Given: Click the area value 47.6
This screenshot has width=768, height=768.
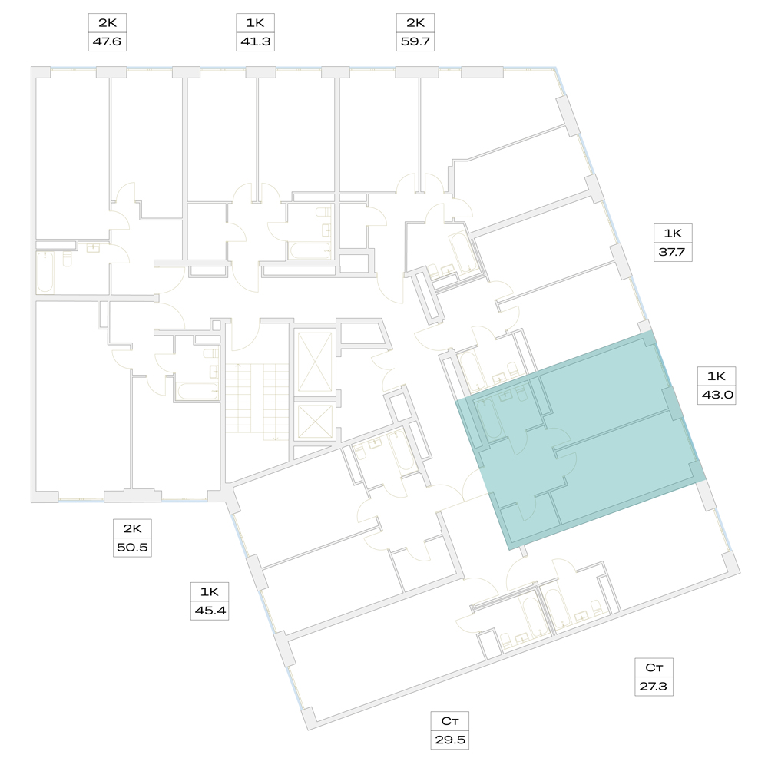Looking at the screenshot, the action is pyautogui.click(x=107, y=41).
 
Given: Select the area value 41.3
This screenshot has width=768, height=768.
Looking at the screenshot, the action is pyautogui.click(x=255, y=41).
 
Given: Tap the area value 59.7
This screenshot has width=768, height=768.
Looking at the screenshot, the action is pyautogui.click(x=415, y=41).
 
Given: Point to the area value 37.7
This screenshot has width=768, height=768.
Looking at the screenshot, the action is pyautogui.click(x=673, y=252).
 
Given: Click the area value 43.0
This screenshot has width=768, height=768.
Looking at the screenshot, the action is pyautogui.click(x=717, y=395).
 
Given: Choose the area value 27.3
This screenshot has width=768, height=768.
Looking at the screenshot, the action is pyautogui.click(x=654, y=686).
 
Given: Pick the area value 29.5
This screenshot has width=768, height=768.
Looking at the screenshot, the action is pyautogui.click(x=449, y=740).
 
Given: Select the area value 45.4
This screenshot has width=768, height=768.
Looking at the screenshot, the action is pyautogui.click(x=210, y=611).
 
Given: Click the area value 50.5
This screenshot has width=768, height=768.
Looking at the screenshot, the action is pyautogui.click(x=132, y=547).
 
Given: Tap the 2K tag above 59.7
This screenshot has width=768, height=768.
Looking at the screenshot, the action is pyautogui.click(x=415, y=22).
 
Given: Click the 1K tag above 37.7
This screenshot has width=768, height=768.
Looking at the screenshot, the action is pyautogui.click(x=673, y=233).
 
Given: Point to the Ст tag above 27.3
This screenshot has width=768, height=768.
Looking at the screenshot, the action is pyautogui.click(x=654, y=667).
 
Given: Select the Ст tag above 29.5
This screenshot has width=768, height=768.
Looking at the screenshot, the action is pyautogui.click(x=449, y=721).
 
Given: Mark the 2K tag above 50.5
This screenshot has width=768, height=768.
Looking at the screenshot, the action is pyautogui.click(x=132, y=528).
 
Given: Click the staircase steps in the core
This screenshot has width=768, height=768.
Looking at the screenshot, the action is pyautogui.click(x=257, y=399).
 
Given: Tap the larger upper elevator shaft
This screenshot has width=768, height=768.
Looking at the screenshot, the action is pyautogui.click(x=315, y=362).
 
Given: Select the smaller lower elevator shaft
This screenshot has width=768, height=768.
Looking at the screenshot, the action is pyautogui.click(x=315, y=422).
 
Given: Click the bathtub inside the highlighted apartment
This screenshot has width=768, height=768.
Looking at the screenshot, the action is pyautogui.click(x=488, y=419).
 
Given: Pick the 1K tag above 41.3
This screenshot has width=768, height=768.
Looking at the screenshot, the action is pyautogui.click(x=255, y=22).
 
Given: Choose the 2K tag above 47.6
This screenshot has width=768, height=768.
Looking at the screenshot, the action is pyautogui.click(x=108, y=22).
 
